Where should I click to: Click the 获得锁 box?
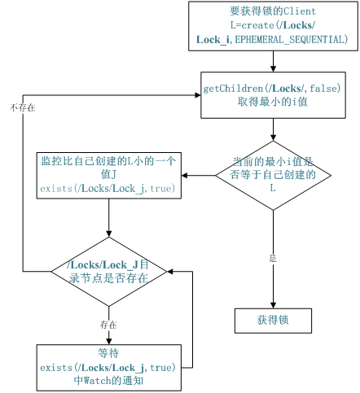click(x=273, y=321)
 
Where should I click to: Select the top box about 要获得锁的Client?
click(x=272, y=25)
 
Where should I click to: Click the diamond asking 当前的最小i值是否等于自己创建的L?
click(x=273, y=175)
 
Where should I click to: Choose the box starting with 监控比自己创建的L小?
click(x=109, y=174)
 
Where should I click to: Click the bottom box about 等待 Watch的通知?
click(x=109, y=367)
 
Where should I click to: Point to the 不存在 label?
click(x=22, y=107)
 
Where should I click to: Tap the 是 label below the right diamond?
click(x=273, y=258)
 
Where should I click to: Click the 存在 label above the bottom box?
click(x=109, y=324)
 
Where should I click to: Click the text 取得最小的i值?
click(x=272, y=101)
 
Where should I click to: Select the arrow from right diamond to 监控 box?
click(x=199, y=175)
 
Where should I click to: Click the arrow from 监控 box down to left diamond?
click(x=109, y=218)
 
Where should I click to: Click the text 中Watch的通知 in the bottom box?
click(x=109, y=379)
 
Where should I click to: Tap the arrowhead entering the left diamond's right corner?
click(x=170, y=271)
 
